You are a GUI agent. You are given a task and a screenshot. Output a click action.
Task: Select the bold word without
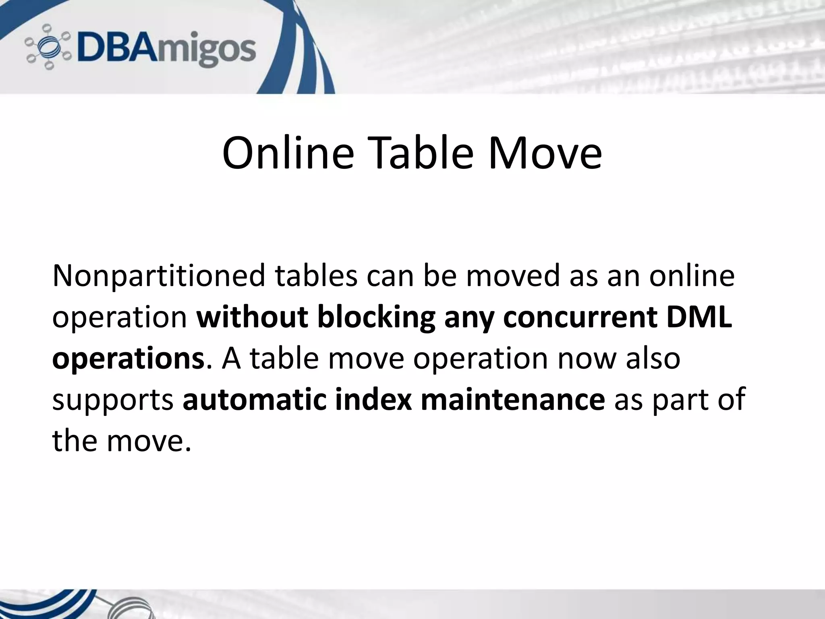point(252,318)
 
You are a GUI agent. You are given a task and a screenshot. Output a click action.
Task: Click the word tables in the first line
point(316,276)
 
